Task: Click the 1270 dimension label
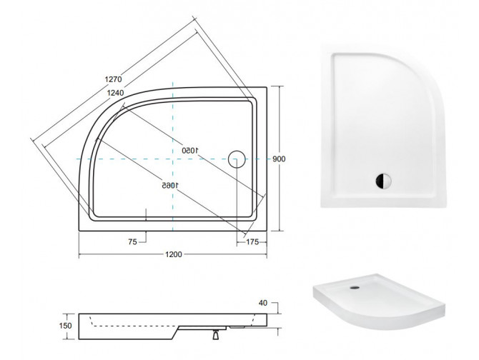tap(114, 79)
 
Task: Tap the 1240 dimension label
tap(116, 93)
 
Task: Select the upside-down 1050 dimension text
tap(190, 151)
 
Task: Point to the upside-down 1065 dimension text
tap(170, 185)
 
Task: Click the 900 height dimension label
tap(279, 159)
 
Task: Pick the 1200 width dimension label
tap(174, 254)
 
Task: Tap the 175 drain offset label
tap(252, 242)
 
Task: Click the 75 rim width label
tap(132, 242)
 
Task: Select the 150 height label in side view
tap(65, 326)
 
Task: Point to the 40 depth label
tap(262, 303)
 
